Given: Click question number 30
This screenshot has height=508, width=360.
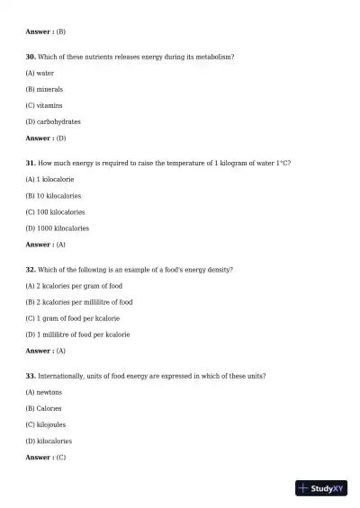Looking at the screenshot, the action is click(x=31, y=57).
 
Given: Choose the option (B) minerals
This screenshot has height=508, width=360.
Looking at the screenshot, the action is click(x=44, y=89).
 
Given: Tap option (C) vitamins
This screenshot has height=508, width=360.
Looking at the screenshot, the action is click(x=44, y=105).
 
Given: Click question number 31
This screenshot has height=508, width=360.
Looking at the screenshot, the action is click(x=31, y=163).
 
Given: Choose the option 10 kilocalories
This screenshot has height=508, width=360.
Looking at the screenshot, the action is click(x=53, y=195).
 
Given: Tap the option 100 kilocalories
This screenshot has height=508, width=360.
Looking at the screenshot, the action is click(x=55, y=211).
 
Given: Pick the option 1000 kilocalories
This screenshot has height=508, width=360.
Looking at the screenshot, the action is click(x=57, y=228).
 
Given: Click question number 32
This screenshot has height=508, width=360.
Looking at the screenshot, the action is click(x=31, y=269).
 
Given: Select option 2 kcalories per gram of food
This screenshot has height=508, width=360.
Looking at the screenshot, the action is click(x=74, y=285).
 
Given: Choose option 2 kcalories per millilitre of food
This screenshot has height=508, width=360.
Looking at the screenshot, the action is click(x=79, y=302).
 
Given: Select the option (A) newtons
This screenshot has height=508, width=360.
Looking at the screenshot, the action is click(x=44, y=392).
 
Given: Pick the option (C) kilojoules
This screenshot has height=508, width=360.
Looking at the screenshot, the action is click(x=46, y=424).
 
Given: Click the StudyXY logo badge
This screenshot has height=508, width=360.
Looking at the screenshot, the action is click(x=321, y=488).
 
